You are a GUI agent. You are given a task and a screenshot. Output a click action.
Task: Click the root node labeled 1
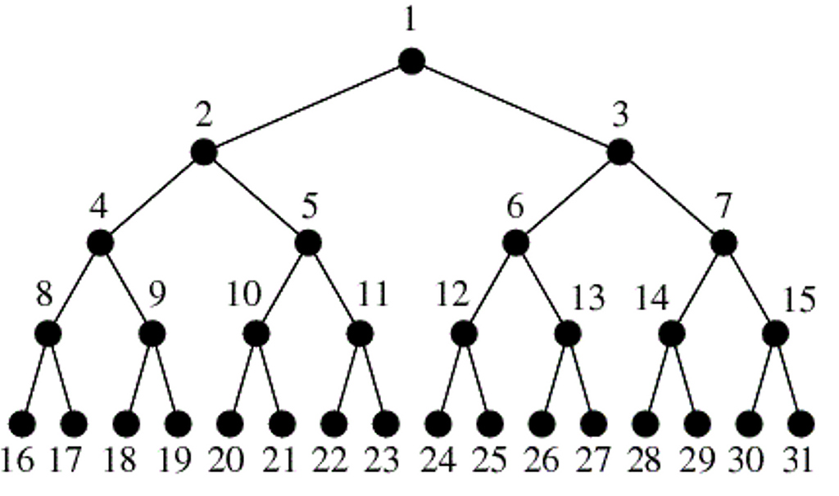click(411, 61)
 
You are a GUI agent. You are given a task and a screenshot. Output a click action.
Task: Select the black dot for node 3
click(620, 152)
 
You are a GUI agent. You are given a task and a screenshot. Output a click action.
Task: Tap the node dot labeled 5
click(308, 243)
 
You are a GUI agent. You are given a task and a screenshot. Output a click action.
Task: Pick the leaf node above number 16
click(22, 424)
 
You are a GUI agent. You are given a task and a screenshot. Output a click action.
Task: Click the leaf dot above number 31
click(801, 424)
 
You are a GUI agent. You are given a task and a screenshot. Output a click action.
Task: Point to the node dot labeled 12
click(464, 334)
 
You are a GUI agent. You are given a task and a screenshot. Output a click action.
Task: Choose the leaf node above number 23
click(386, 424)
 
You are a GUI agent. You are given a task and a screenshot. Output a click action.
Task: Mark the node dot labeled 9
click(152, 334)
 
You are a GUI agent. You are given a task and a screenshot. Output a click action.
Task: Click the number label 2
click(204, 115)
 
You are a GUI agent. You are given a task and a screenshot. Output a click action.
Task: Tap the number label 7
click(723, 205)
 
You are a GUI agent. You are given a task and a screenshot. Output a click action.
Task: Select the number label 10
click(244, 294)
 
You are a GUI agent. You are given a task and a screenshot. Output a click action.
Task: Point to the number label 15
click(800, 300)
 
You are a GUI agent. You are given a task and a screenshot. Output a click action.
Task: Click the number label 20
click(225, 460)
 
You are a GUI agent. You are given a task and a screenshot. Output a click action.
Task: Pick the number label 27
click(592, 460)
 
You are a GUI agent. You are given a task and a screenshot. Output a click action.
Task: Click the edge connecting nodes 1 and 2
click(308, 107)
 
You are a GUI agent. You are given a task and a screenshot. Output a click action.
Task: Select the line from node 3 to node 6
click(568, 198)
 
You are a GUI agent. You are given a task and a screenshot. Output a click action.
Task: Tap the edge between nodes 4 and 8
click(74, 289)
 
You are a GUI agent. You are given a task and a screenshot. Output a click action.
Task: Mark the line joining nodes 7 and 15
click(749, 289)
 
